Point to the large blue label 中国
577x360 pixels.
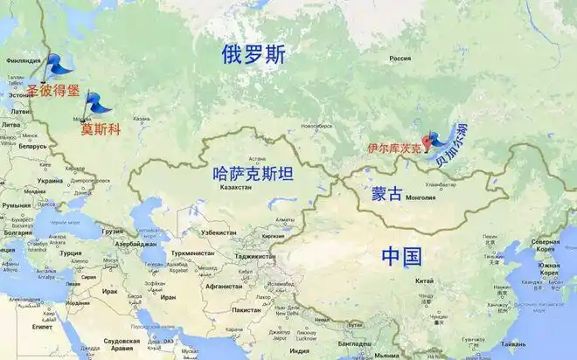click(x=401, y=256)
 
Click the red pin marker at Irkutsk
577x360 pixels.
click(x=428, y=139)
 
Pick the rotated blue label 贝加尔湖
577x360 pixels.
click(x=455, y=148)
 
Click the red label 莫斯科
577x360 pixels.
click(x=101, y=129)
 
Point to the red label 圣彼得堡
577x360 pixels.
click(x=52, y=89)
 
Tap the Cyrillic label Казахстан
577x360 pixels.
click(x=239, y=188)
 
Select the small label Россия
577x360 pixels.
click(x=400, y=59)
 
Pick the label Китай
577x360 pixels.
click(x=424, y=280)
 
